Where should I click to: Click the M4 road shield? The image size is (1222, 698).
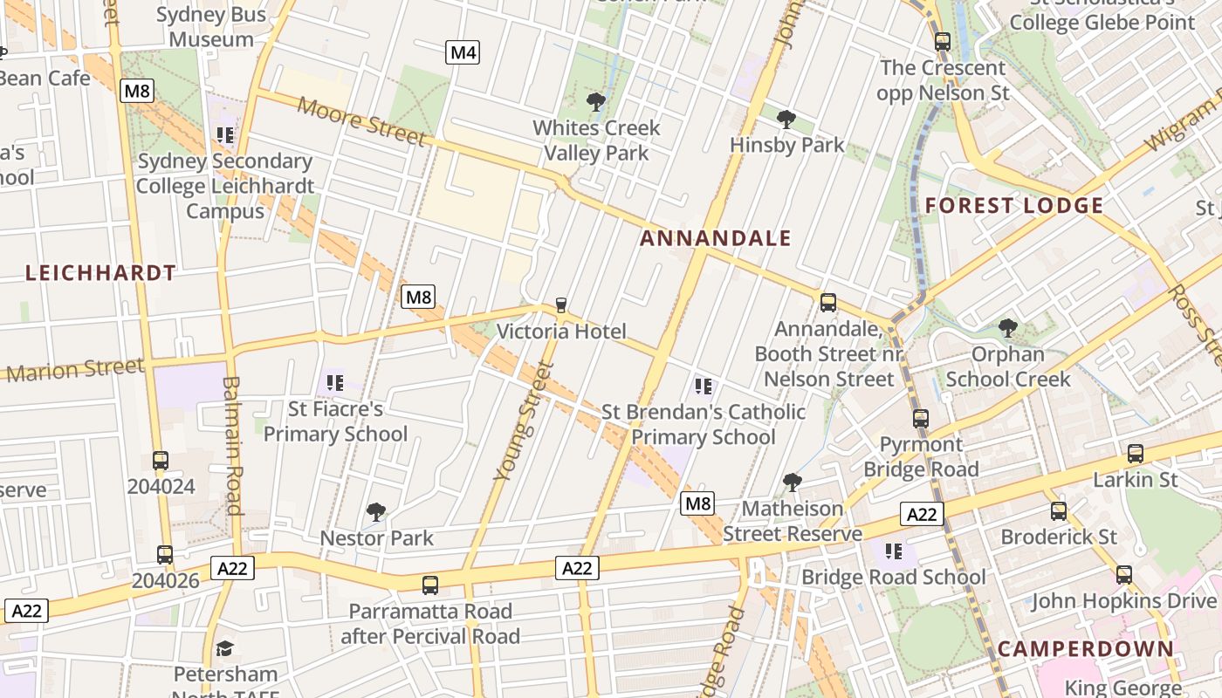pyautogui.click(x=463, y=53)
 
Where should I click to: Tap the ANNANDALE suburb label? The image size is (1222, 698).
pyautogui.click(x=716, y=238)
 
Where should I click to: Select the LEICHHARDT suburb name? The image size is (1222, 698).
pyautogui.click(x=100, y=273)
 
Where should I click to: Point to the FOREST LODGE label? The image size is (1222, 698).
pyautogui.click(x=1014, y=206)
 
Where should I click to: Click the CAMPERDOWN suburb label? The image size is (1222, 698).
pyautogui.click(x=1085, y=649)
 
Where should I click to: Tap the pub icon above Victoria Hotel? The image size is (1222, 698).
pyautogui.click(x=560, y=305)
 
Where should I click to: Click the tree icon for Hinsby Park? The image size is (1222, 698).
pyautogui.click(x=786, y=120)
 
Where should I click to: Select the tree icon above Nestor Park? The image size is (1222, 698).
pyautogui.click(x=376, y=512)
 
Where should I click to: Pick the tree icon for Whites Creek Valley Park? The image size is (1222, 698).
pyautogui.click(x=596, y=103)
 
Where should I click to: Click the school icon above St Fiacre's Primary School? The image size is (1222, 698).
pyautogui.click(x=334, y=382)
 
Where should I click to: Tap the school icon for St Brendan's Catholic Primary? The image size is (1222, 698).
pyautogui.click(x=704, y=386)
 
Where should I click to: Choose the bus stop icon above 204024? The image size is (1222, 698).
pyautogui.click(x=161, y=461)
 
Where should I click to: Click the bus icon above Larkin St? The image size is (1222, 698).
pyautogui.click(x=1135, y=454)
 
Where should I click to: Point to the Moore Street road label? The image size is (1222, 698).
pyautogui.click(x=361, y=121)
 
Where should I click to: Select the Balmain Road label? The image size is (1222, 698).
pyautogui.click(x=232, y=445)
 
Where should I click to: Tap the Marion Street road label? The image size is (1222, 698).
pyautogui.click(x=74, y=370)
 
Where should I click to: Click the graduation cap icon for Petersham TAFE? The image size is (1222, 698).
pyautogui.click(x=225, y=648)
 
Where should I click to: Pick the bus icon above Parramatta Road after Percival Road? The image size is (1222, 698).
pyautogui.click(x=429, y=585)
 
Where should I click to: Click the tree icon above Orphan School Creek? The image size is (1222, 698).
pyautogui.click(x=1007, y=329)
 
